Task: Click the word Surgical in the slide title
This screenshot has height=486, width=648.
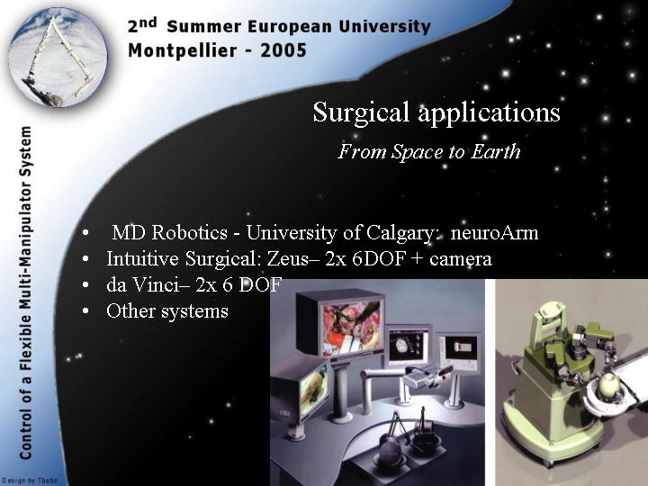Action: point(362,112)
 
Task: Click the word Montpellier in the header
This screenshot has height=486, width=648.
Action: point(182,51)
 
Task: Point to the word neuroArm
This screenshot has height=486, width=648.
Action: point(494,233)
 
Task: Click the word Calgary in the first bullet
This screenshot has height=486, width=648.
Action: point(399,233)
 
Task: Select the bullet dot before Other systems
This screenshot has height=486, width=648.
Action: point(85,311)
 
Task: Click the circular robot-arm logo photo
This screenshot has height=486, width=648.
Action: point(58,57)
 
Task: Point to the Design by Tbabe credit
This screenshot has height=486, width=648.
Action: point(29,481)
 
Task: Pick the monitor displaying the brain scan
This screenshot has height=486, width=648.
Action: point(409,345)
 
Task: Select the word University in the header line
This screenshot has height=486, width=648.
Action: point(385,27)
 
